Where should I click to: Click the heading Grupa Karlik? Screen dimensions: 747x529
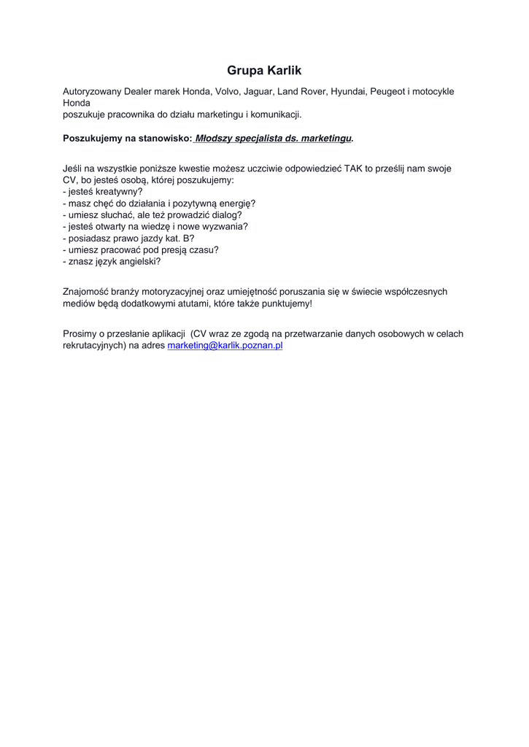(264, 71)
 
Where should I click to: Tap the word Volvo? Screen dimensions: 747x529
(228, 92)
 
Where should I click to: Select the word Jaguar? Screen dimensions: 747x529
(260, 92)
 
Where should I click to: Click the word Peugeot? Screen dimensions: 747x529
(387, 92)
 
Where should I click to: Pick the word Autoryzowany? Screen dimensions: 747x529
(92, 92)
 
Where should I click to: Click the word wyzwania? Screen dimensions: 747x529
(225, 226)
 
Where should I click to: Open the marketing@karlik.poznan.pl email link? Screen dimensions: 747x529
(225, 346)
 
